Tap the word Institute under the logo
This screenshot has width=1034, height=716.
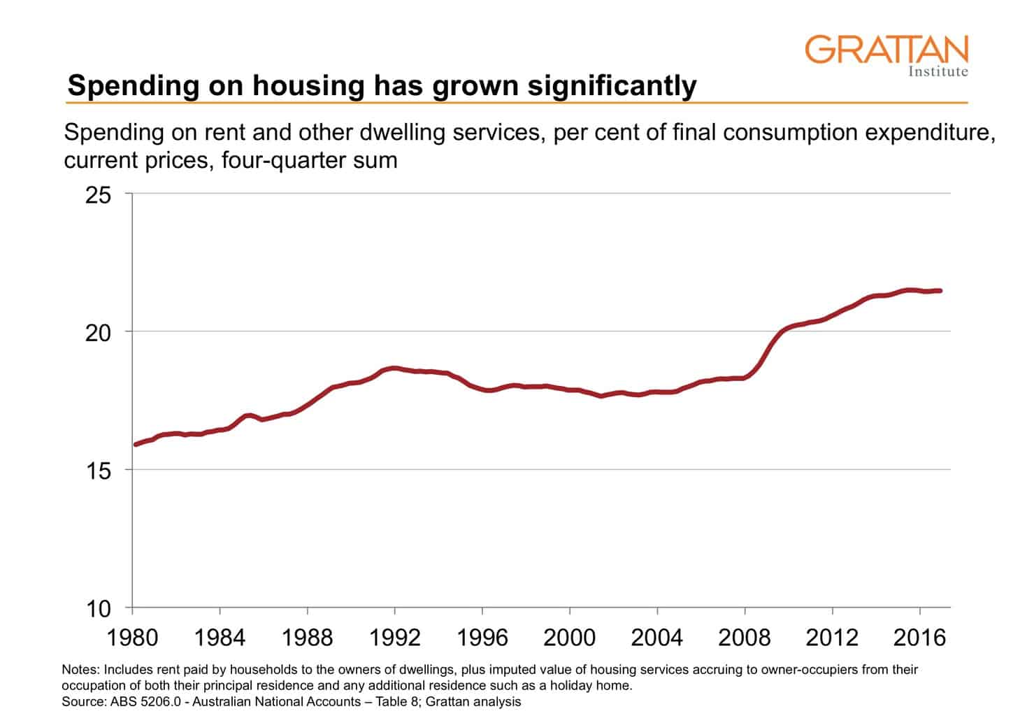938,71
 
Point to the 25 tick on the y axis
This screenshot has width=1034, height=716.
98,195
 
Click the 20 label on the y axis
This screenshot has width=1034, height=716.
98,333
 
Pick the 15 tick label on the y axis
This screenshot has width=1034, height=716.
98,471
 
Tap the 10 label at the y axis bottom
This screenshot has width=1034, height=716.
98,609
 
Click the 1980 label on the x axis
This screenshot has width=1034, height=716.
133,638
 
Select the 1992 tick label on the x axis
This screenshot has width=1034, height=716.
395,638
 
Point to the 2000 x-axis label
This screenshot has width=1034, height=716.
570,638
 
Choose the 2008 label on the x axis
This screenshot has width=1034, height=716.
745,638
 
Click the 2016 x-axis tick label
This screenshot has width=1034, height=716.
919,638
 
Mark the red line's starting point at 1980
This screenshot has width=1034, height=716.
136,444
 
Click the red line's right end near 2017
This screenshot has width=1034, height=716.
940,290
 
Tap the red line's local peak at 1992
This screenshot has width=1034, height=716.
394,368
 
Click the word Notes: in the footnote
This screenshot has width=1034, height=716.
80,669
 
